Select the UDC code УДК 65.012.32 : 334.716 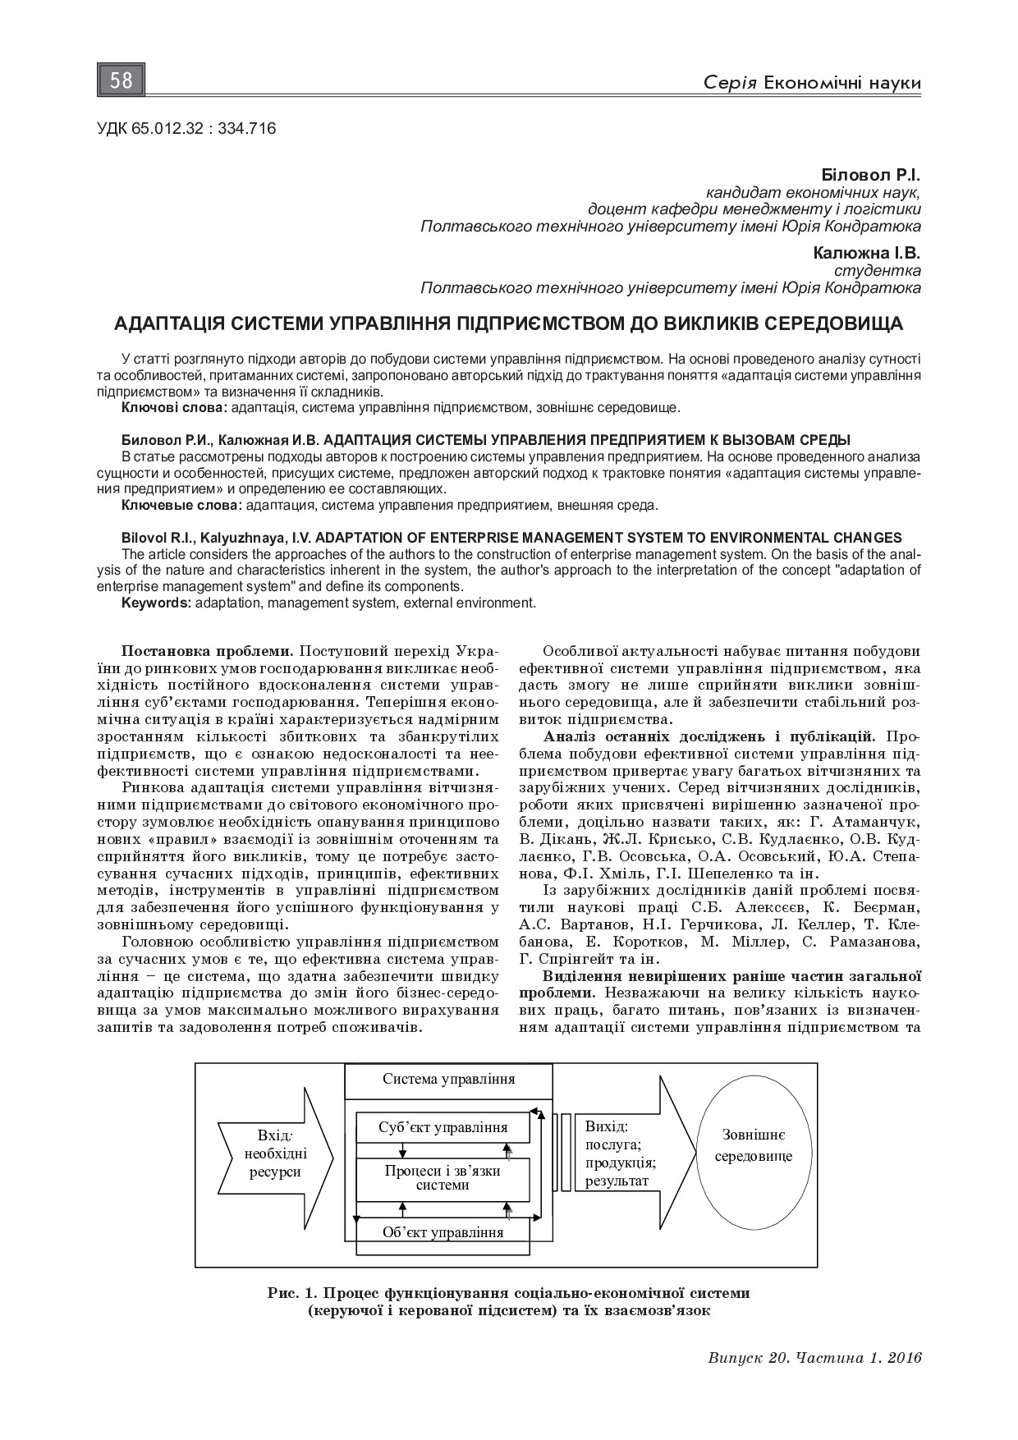[186, 128]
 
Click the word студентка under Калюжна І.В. [877, 271]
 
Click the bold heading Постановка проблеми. [207, 651]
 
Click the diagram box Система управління [448, 1079]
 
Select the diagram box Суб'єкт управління [443, 1127]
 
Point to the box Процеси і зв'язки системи [443, 1177]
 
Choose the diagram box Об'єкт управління [443, 1232]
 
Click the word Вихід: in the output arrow [607, 1126]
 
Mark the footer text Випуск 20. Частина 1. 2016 [814, 1357]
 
